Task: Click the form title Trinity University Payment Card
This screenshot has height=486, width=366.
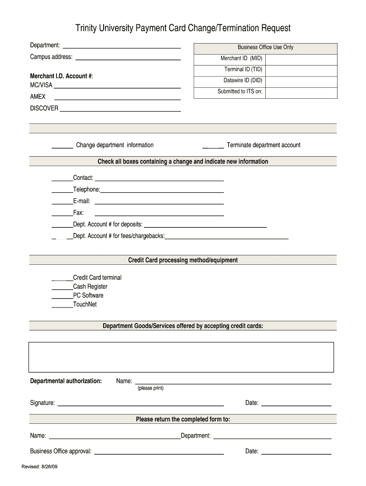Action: [183, 28]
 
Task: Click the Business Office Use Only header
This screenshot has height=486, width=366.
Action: [265, 47]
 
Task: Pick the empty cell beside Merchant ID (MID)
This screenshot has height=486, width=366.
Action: [301, 58]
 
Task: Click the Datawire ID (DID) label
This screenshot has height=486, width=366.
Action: [243, 80]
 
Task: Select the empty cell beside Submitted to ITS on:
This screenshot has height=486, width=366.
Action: [301, 92]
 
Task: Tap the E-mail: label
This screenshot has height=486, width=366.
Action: [81, 201]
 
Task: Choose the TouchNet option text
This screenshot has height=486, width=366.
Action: [85, 304]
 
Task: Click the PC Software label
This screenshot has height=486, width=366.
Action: [88, 295]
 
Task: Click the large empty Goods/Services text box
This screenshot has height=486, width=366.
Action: [181, 357]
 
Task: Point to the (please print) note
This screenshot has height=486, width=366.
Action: [150, 388]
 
